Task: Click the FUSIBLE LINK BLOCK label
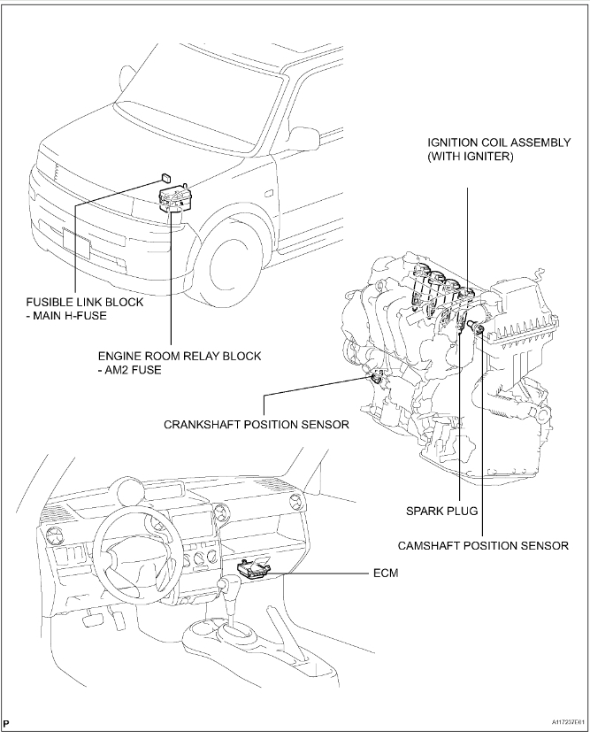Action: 84,302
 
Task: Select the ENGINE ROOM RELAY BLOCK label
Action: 180,356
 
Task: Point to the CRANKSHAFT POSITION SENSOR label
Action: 257,424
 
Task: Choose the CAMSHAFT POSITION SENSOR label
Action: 484,546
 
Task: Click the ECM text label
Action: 386,573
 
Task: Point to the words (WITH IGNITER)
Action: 471,157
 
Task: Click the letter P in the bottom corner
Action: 7,726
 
